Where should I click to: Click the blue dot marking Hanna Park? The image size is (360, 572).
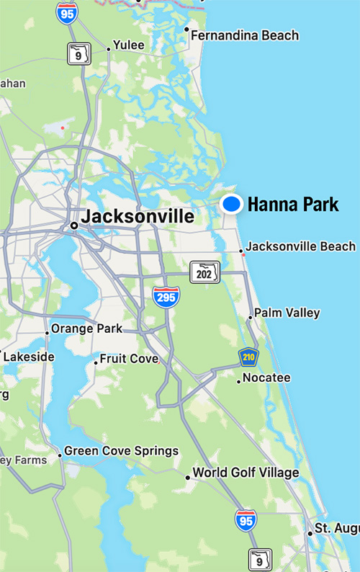[231, 205]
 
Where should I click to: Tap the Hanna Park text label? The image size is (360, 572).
[292, 205]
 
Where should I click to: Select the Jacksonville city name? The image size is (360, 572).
[138, 216]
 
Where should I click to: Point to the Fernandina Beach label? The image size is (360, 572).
[245, 35]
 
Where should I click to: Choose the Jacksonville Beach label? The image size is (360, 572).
[300, 246]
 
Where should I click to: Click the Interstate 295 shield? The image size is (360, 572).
[166, 297]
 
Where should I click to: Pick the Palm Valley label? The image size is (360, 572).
[288, 313]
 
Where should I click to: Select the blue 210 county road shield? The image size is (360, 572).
[249, 358]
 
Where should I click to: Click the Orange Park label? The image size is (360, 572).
[88, 329]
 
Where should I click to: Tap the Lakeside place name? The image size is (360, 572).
[29, 357]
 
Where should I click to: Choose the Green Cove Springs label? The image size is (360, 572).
[121, 451]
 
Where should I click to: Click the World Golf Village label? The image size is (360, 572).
[246, 473]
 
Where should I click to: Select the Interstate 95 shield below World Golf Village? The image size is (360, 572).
[246, 519]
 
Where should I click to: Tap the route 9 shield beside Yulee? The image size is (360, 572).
[78, 53]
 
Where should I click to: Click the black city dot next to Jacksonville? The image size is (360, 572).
[74, 225]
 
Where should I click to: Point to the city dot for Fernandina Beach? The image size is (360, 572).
[186, 30]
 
